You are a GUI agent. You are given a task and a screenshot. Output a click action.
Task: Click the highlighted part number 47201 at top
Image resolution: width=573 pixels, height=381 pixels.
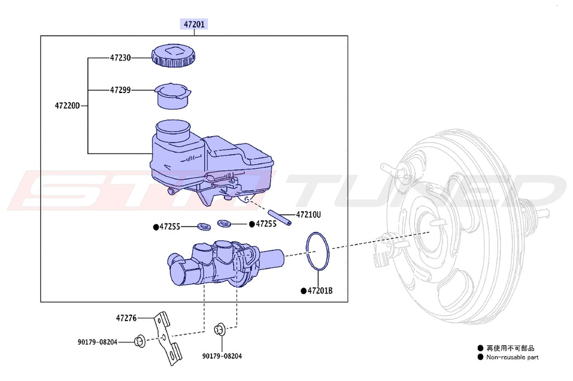(193, 24)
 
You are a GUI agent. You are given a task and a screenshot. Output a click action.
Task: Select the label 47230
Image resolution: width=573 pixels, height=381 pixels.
(120, 57)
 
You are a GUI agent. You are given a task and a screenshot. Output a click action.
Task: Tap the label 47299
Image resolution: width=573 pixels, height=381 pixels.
(120, 90)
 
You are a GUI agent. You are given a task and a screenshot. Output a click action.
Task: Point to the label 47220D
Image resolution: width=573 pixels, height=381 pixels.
(68, 105)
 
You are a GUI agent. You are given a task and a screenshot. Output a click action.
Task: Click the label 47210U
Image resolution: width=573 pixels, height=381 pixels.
(308, 215)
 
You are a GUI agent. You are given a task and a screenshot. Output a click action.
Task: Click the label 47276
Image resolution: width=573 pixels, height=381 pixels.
(126, 318)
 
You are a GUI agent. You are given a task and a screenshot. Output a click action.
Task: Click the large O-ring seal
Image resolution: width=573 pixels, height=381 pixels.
(317, 252)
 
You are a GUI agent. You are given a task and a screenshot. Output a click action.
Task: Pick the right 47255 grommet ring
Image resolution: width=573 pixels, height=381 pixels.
(225, 224)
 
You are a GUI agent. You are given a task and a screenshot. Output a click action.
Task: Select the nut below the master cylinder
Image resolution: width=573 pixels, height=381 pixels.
(220, 329)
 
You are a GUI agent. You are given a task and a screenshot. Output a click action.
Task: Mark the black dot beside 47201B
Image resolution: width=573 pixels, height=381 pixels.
(303, 291)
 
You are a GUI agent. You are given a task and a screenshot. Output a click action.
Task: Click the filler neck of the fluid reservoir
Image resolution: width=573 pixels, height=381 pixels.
(173, 132)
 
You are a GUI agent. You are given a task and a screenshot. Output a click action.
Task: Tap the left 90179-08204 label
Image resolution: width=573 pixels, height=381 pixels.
(97, 341)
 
